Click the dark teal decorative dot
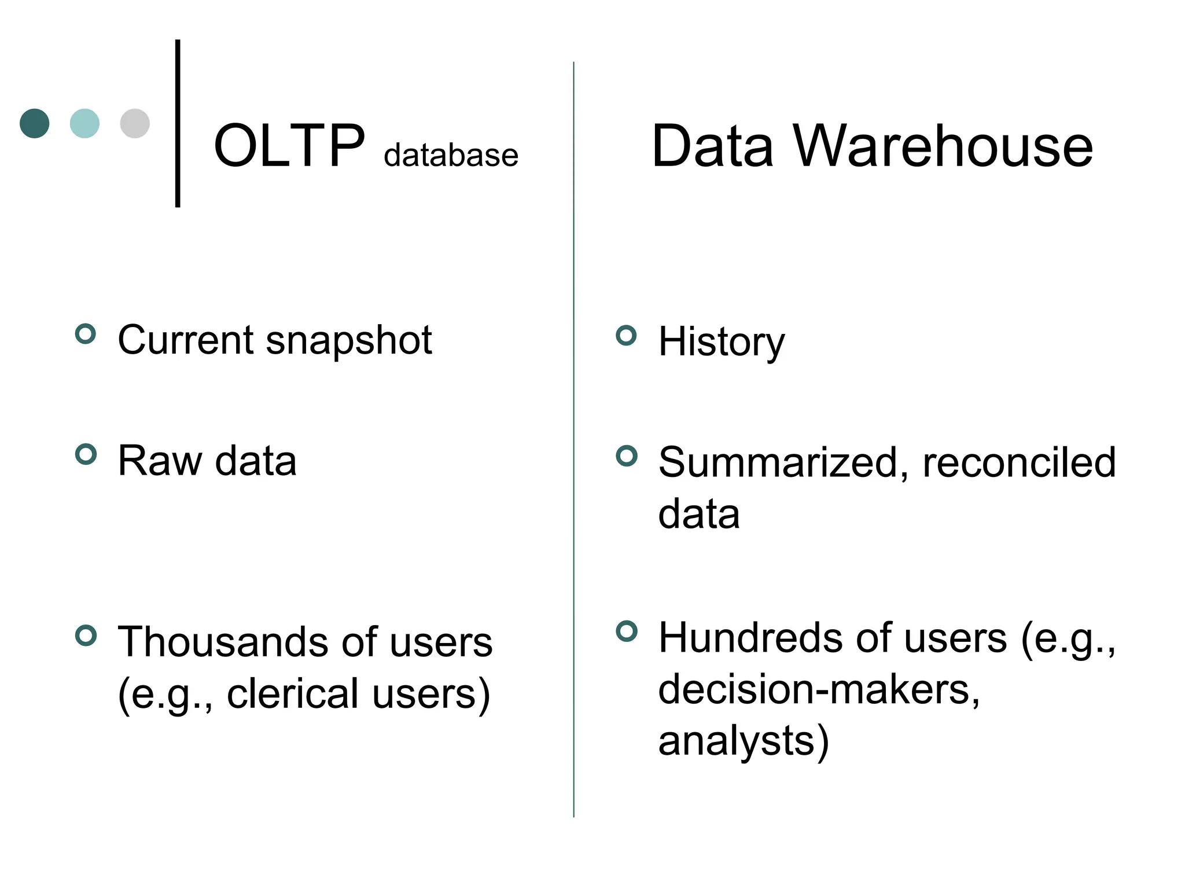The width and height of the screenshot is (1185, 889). pyautogui.click(x=35, y=123)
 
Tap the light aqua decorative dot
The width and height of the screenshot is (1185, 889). pyautogui.click(x=84, y=123)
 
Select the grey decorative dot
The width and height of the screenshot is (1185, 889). pyautogui.click(x=135, y=123)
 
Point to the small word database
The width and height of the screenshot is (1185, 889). pyautogui.click(x=451, y=155)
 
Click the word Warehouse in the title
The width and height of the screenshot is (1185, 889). pyautogui.click(x=943, y=146)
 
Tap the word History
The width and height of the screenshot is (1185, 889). pyautogui.click(x=722, y=341)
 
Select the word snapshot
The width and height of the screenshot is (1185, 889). pyautogui.click(x=349, y=340)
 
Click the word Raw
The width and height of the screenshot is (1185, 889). pyautogui.click(x=160, y=461)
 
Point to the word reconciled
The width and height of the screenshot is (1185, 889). pyautogui.click(x=1019, y=463)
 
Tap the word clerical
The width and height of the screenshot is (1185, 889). pyautogui.click(x=293, y=694)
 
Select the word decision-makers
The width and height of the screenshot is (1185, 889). pyautogui.click(x=819, y=689)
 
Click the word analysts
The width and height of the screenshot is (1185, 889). pyautogui.click(x=737, y=741)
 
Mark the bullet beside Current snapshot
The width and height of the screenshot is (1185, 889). pyautogui.click(x=86, y=334)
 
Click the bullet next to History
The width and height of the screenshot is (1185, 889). pyautogui.click(x=626, y=336)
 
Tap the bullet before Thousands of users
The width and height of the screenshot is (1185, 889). pyautogui.click(x=86, y=635)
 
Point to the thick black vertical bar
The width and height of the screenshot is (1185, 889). pyautogui.click(x=178, y=123)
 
